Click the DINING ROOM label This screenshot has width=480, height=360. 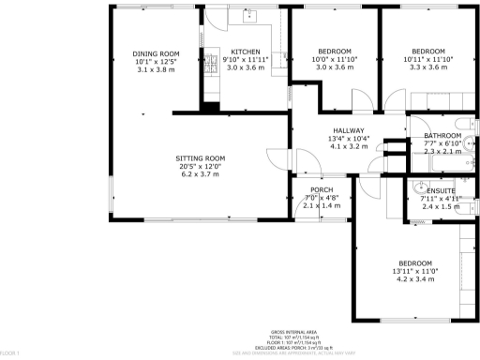[x=156, y=53]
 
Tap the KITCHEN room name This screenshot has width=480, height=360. [x=246, y=52]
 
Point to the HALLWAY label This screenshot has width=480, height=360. [x=346, y=131]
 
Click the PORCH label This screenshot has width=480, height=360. [x=322, y=190]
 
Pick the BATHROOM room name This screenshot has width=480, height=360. [x=442, y=135]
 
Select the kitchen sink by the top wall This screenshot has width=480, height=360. [x=249, y=16]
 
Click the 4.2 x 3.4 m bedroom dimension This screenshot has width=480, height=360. [x=414, y=278]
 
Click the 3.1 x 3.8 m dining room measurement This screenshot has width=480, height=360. [x=156, y=69]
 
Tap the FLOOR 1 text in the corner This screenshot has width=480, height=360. [x=10, y=353]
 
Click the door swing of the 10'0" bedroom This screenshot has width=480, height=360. [x=358, y=99]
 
